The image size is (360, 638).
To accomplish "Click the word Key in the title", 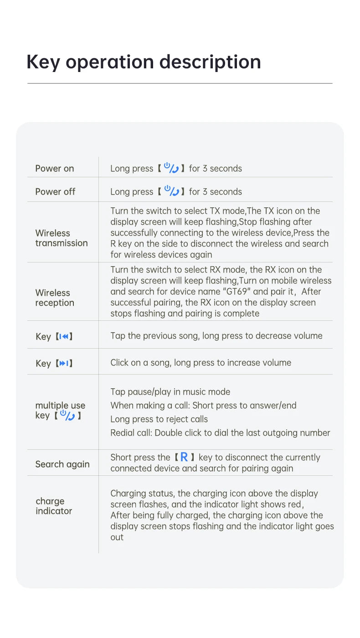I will click(x=43, y=62).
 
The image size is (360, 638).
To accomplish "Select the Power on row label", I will click(x=55, y=168).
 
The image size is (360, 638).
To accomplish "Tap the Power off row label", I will click(x=55, y=191).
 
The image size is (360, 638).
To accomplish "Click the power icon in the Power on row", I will click(x=171, y=168).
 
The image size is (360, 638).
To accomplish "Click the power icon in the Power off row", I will click(x=171, y=191).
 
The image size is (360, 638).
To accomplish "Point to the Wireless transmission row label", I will click(x=61, y=238).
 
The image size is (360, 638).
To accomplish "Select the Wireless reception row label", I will click(x=54, y=298).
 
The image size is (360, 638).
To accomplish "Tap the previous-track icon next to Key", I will click(x=64, y=336).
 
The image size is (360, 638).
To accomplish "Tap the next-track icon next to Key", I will click(x=64, y=363).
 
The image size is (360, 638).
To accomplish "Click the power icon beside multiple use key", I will click(x=67, y=415).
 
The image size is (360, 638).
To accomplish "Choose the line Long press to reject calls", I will click(x=159, y=419).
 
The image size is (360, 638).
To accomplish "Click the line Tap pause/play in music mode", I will click(x=170, y=392).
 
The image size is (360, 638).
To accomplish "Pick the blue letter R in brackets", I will click(x=184, y=457).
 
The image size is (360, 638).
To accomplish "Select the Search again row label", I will click(x=62, y=464).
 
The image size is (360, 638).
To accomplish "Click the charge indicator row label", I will click(x=53, y=506).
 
